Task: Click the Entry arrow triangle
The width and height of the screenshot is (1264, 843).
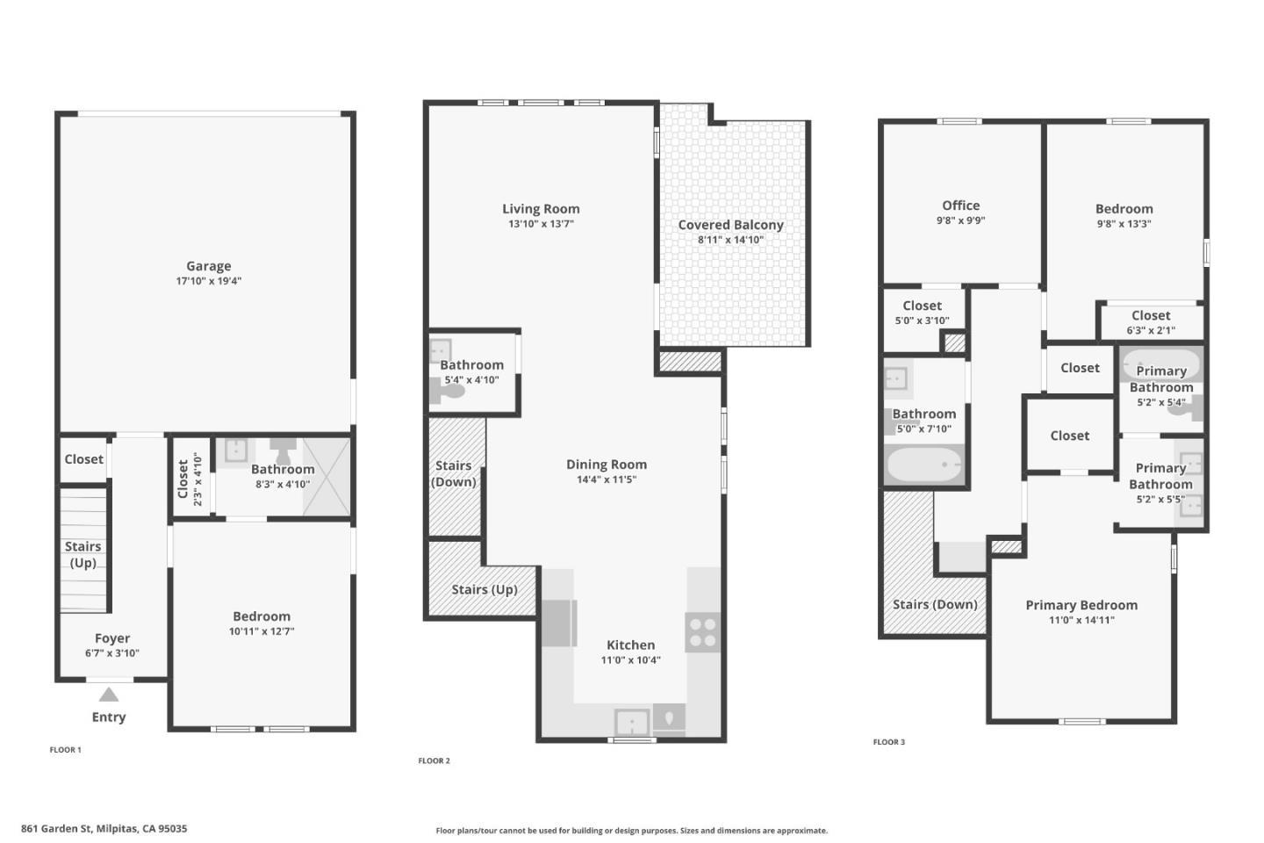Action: pos(108,695)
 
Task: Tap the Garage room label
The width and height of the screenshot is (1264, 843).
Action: pos(208,266)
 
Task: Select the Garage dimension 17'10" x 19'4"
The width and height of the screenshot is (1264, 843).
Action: pos(208,282)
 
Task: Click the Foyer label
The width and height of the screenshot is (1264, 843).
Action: pos(112,638)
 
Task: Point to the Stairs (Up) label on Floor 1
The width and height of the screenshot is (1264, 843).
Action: pos(83,554)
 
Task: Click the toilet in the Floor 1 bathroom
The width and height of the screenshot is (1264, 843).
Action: pos(283,451)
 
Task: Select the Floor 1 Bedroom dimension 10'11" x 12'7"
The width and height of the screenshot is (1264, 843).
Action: pos(262,631)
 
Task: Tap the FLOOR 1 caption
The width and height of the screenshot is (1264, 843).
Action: pos(65,750)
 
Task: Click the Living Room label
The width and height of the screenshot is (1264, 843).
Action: pos(541,209)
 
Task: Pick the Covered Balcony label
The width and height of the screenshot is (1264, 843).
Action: pos(730,225)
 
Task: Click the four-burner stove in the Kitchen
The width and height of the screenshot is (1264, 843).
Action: pos(702,632)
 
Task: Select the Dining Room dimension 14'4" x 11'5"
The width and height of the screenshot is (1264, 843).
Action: pos(607,480)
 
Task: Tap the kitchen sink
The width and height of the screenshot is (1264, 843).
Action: pos(632,723)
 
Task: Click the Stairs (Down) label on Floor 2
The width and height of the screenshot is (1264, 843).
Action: pos(454,473)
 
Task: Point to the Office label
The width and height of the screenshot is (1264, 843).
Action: pos(960,205)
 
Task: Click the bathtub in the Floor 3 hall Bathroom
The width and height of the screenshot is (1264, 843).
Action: pos(923,465)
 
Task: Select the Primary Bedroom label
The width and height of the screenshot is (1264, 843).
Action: pos(1081,605)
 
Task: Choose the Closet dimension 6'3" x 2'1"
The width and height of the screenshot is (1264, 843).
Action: pos(1151,331)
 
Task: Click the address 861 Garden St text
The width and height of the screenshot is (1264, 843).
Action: pos(104,828)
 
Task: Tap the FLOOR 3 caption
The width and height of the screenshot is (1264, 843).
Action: pos(888,742)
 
